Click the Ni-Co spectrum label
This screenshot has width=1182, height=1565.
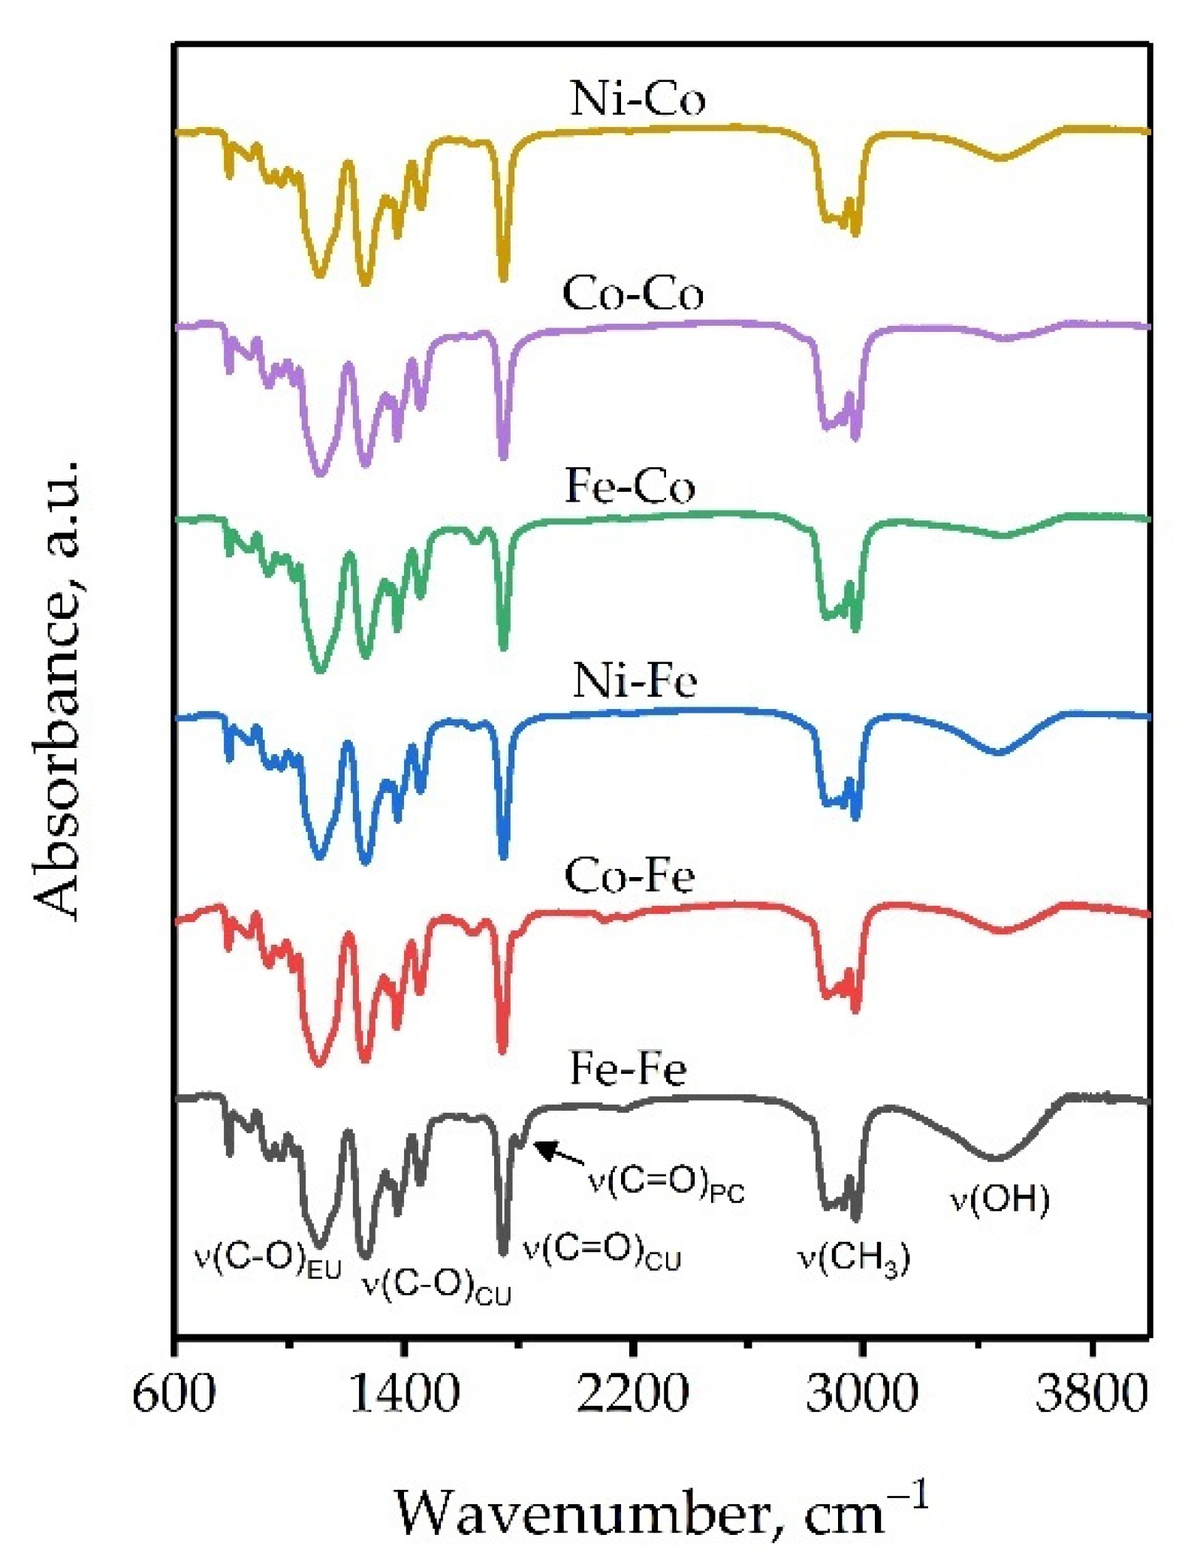(637, 99)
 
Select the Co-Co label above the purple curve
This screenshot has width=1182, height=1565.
(632, 294)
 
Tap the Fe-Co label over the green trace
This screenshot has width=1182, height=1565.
(629, 487)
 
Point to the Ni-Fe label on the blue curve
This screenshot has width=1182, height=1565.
(635, 682)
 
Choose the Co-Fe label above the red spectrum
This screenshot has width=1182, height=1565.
(629, 876)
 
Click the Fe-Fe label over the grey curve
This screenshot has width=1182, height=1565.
(628, 1069)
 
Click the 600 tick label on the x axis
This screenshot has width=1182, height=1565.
(174, 1394)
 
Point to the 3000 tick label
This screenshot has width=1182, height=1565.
(862, 1394)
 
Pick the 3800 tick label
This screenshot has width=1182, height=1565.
(1091, 1394)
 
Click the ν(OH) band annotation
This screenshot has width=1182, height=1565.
(1000, 1199)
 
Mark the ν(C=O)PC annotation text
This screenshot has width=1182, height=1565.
(665, 1185)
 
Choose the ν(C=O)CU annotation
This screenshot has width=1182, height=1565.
(602, 1252)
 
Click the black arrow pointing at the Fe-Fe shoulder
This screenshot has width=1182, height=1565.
(559, 1153)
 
